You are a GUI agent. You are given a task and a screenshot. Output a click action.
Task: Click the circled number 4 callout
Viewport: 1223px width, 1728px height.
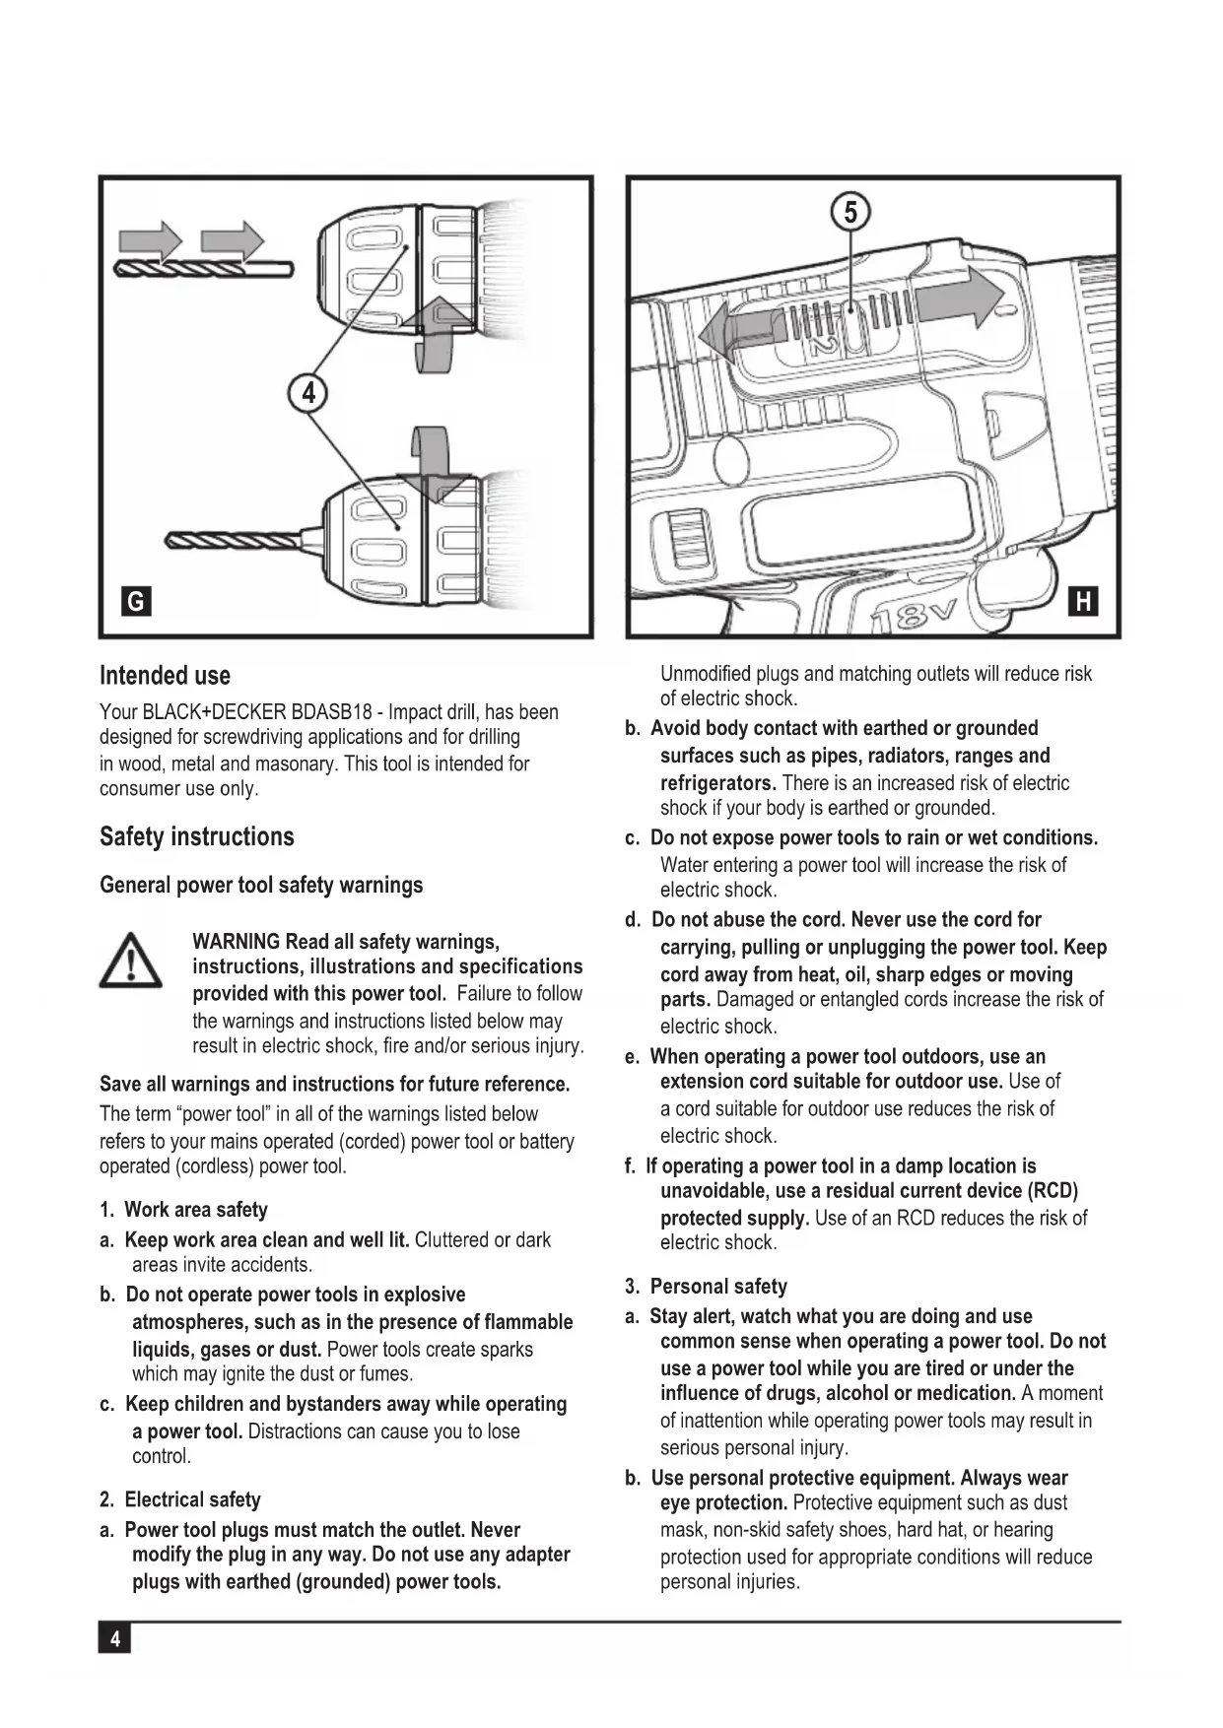click(x=308, y=393)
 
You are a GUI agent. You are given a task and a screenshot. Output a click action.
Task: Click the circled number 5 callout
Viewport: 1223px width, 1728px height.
click(x=850, y=212)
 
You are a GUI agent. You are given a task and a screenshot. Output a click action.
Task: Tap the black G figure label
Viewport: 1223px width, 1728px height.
click(x=135, y=601)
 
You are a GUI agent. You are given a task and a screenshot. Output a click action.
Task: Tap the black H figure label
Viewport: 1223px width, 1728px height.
click(x=1083, y=601)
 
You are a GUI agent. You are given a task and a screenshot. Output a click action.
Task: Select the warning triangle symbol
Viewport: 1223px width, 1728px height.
click(x=130, y=961)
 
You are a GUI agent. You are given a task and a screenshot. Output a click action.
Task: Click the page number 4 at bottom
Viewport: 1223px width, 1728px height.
click(x=115, y=1639)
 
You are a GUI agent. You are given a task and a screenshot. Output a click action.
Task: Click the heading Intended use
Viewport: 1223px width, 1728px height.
click(x=165, y=676)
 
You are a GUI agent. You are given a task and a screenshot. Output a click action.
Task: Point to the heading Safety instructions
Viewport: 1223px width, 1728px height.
click(x=196, y=836)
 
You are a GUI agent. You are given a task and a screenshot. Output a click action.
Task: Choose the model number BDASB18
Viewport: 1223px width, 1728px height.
click(x=331, y=712)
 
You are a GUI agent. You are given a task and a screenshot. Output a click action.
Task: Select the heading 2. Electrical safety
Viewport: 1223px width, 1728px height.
click(x=180, y=1499)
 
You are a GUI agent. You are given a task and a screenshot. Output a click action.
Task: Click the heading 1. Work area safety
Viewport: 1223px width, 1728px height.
click(x=183, y=1210)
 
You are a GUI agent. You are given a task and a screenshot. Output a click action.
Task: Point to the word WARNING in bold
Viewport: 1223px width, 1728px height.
click(x=237, y=942)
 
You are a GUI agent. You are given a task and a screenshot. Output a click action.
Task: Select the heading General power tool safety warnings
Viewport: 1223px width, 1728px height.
click(x=261, y=885)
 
